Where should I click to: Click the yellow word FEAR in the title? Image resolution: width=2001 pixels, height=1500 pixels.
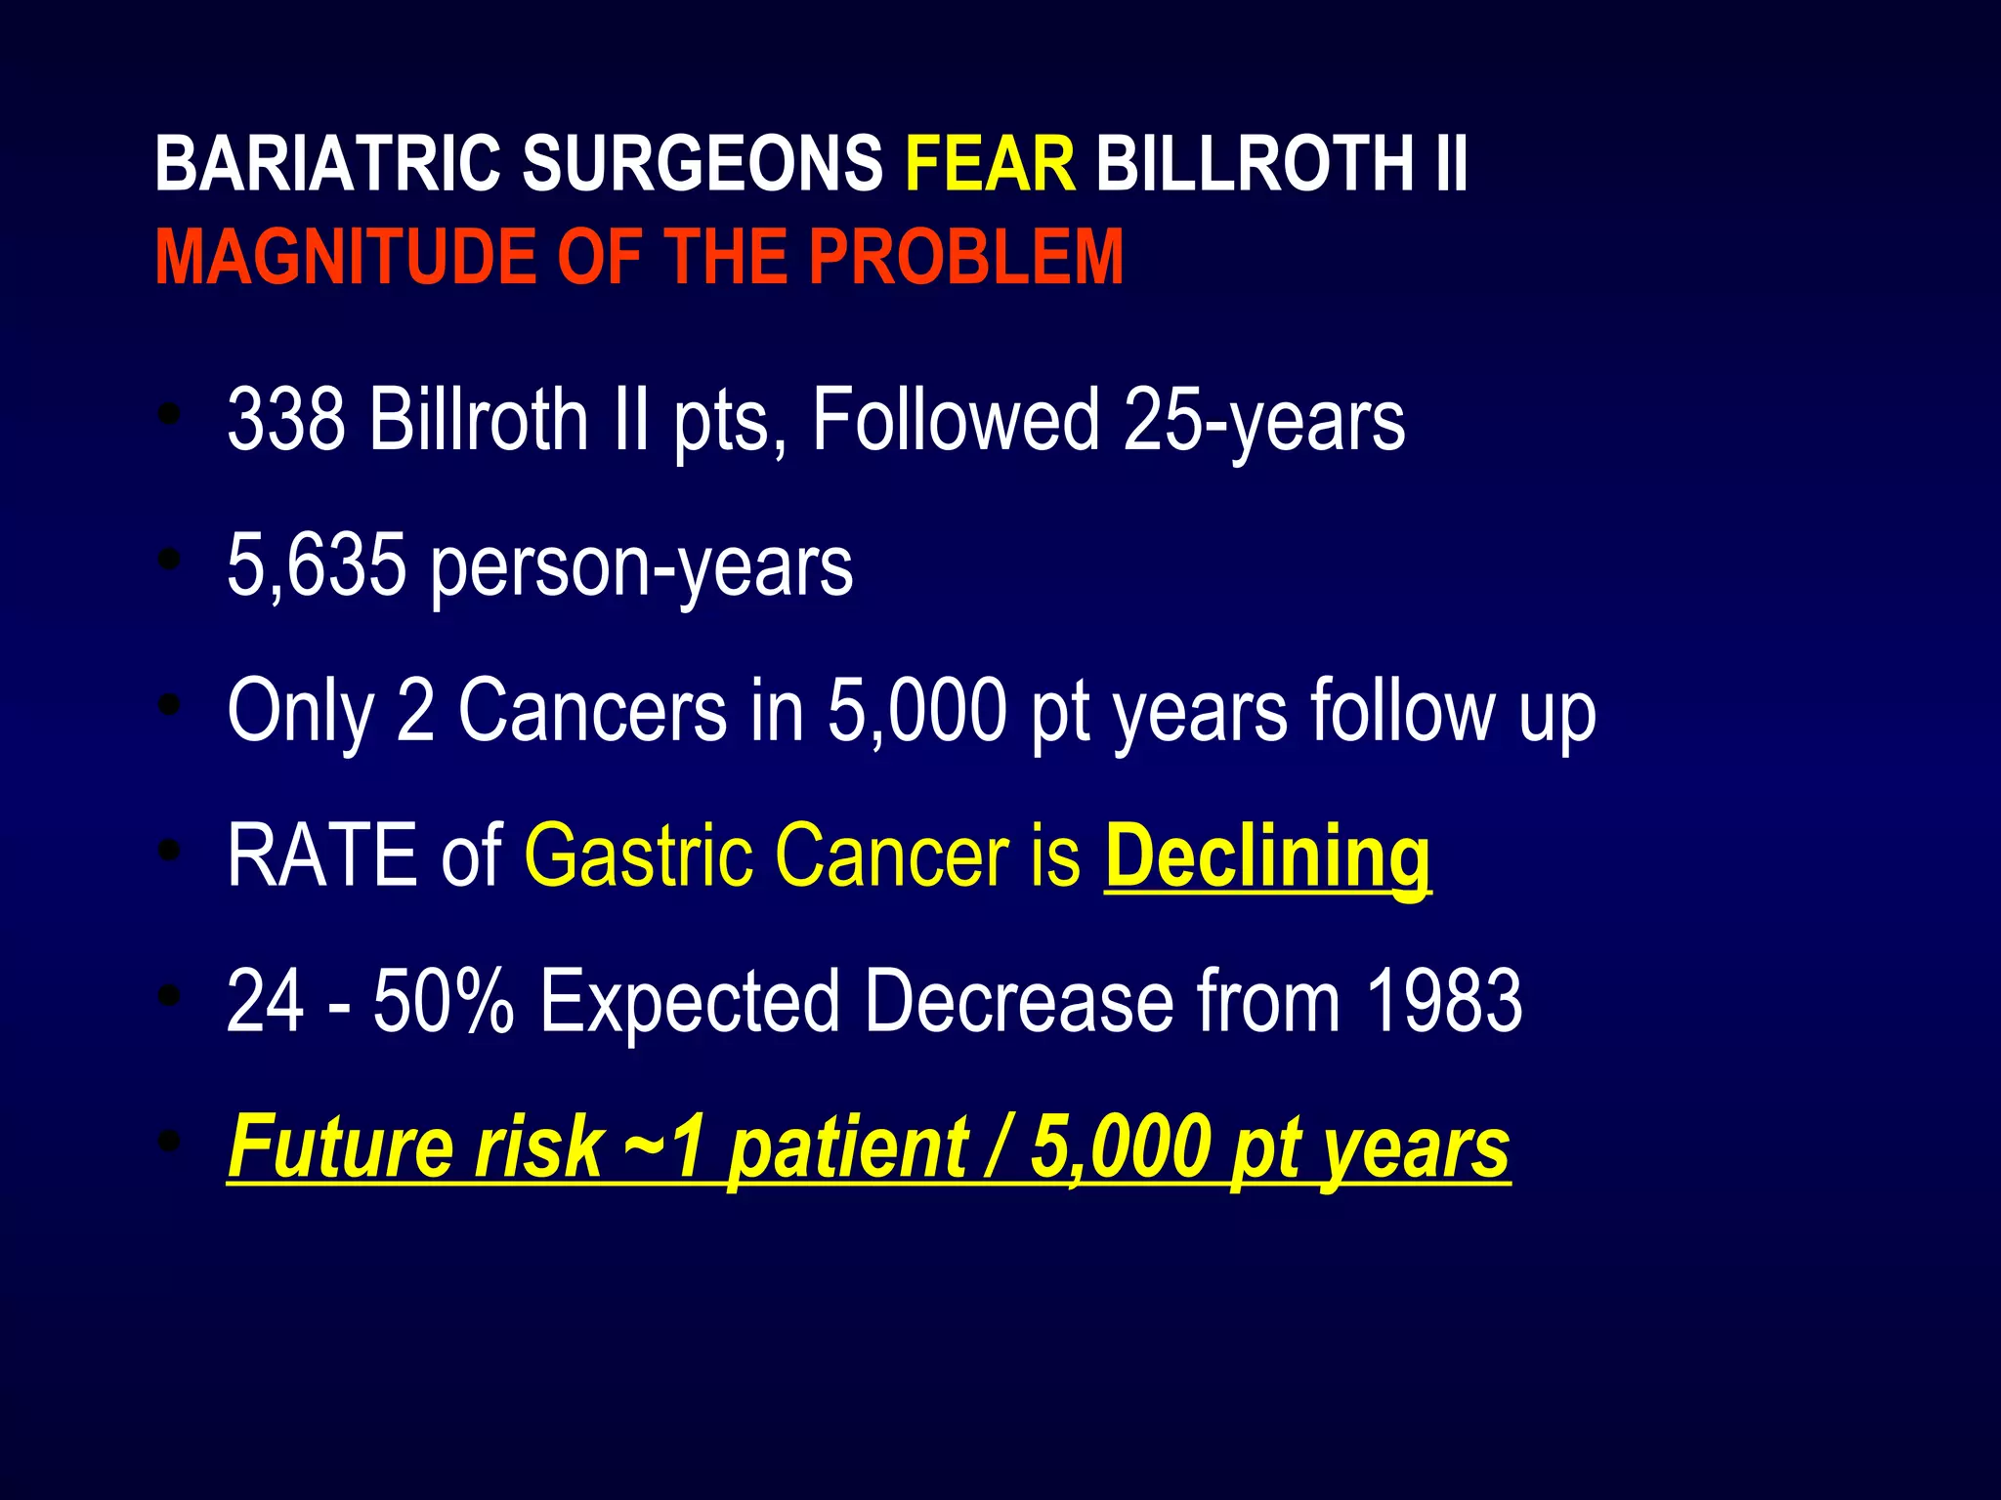click(990, 163)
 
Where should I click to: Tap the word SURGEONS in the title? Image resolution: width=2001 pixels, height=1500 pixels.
click(702, 163)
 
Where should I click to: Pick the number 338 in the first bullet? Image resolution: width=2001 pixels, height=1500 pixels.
click(285, 419)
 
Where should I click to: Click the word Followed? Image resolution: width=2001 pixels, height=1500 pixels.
click(956, 419)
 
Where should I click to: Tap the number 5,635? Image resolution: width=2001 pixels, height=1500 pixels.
click(316, 566)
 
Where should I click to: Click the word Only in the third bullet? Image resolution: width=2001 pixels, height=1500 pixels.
click(301, 711)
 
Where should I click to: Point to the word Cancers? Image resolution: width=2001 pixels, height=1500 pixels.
click(592, 710)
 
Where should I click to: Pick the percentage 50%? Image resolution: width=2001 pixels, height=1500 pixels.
click(443, 1000)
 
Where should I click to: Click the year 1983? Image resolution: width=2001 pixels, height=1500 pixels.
click(1443, 1000)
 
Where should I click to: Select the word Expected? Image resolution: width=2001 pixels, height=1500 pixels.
click(689, 1002)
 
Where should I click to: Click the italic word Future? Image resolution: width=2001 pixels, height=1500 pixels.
click(339, 1146)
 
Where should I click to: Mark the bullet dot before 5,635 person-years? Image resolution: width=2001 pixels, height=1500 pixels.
click(170, 560)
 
